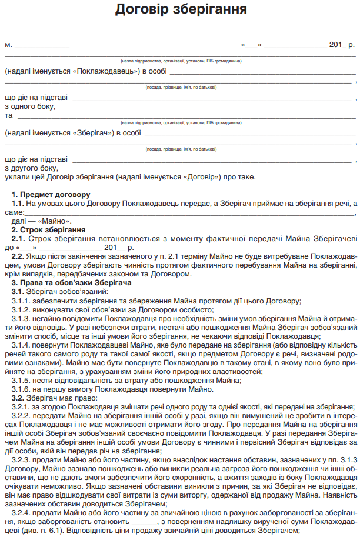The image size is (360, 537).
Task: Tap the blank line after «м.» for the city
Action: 41,45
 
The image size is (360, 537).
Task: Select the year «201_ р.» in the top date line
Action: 342,45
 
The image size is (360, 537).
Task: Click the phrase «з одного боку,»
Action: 30,106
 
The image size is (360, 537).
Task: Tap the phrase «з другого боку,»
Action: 31,168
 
